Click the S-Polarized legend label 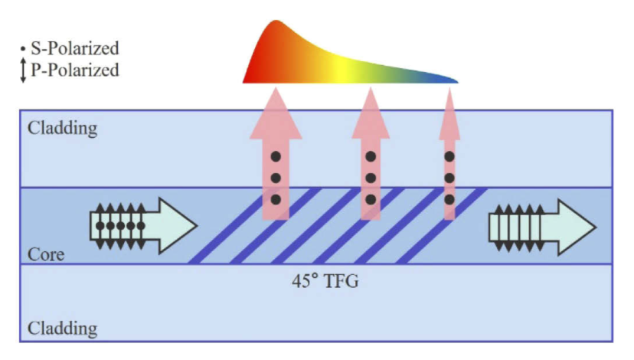(x=75, y=48)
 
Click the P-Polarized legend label (x=75, y=70)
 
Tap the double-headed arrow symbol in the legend (x=23, y=70)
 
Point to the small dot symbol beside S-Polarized (x=23, y=49)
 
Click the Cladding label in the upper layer (x=62, y=128)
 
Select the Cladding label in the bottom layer (x=62, y=329)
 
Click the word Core (x=46, y=254)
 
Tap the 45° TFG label (x=325, y=281)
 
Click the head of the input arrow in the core (x=177, y=226)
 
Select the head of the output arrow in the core (x=576, y=227)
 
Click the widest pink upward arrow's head (x=276, y=114)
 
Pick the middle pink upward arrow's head (x=371, y=114)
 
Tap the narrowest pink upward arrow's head (x=449, y=114)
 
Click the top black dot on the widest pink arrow (x=276, y=156)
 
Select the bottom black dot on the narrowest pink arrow (x=449, y=199)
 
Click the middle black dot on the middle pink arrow (x=371, y=178)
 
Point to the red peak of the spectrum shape (x=276, y=21)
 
